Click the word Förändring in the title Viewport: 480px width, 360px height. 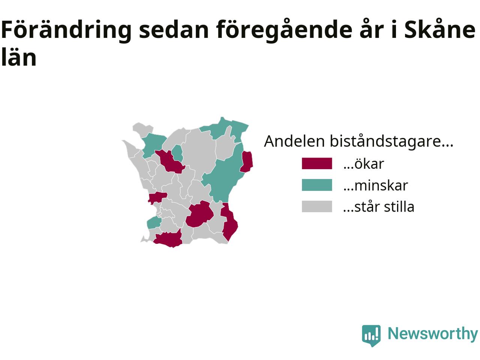point(66,30)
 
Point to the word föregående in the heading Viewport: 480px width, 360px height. point(284,30)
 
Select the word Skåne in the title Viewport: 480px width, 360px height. point(440,30)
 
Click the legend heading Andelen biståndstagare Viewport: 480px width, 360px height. point(358,141)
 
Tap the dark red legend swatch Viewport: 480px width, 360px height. point(317,163)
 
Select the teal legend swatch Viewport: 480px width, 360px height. point(317,185)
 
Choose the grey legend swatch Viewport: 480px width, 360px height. point(317,206)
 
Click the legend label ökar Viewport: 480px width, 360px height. point(364,163)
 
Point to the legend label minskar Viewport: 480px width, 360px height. point(376,185)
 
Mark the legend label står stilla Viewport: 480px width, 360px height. point(379,206)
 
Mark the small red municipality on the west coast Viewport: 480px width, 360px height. point(157,197)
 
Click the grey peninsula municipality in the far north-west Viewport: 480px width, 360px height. point(142,129)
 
